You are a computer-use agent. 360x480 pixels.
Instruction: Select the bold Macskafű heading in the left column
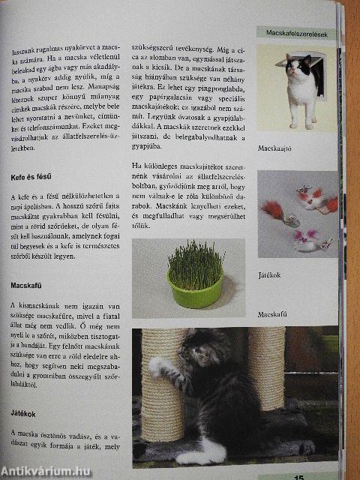click(x=28, y=286)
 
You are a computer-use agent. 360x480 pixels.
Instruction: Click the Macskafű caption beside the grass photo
click(x=274, y=314)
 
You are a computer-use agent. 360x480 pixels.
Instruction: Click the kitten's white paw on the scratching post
click(x=157, y=367)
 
